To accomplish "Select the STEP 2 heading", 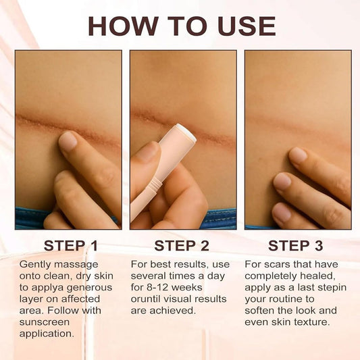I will pos(183,245).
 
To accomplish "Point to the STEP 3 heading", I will pos(297,245).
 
